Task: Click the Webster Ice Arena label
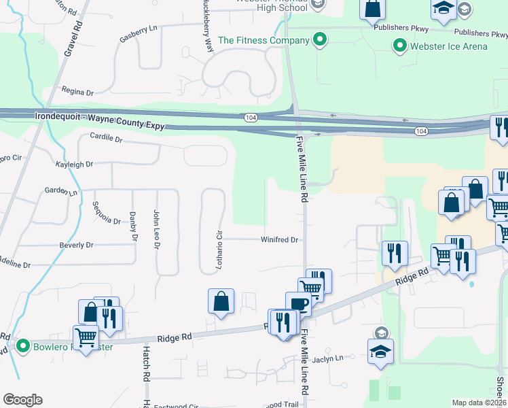pos(448,46)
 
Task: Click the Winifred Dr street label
pos(280,240)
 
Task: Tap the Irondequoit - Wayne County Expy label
pos(99,117)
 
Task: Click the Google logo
pos(22,400)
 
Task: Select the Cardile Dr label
pos(105,139)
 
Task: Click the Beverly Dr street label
pos(76,245)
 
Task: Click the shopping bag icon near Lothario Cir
pos(221,301)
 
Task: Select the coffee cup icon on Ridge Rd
pos(297,303)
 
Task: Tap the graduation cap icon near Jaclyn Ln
pos(380,351)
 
